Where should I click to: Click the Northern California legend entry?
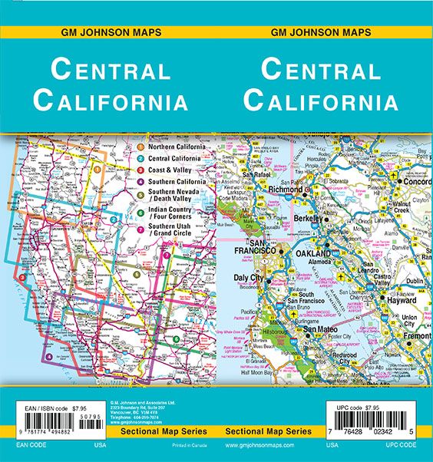click(x=176, y=147)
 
